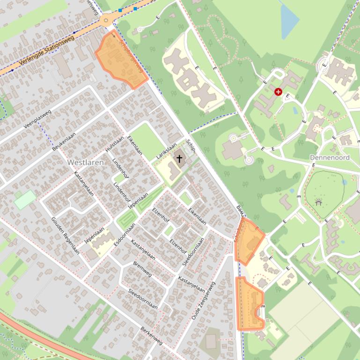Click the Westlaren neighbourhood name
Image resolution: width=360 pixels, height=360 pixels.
click(86, 162)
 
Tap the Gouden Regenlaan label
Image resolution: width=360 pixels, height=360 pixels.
click(65, 236)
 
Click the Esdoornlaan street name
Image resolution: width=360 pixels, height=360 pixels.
click(124, 233)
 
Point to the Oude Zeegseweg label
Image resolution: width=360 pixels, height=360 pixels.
click(203, 301)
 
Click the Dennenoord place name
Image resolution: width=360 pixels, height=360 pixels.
click(330, 158)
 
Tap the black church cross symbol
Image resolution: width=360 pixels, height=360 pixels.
click(179, 159)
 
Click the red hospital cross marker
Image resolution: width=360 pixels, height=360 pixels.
click(279, 92)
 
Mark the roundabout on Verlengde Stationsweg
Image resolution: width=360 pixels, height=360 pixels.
click(106, 20)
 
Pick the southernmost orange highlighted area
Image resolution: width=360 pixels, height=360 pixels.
click(250, 305)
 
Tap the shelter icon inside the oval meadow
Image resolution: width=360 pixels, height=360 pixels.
click(319, 202)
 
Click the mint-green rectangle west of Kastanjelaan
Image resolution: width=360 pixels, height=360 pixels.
click(25, 200)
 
